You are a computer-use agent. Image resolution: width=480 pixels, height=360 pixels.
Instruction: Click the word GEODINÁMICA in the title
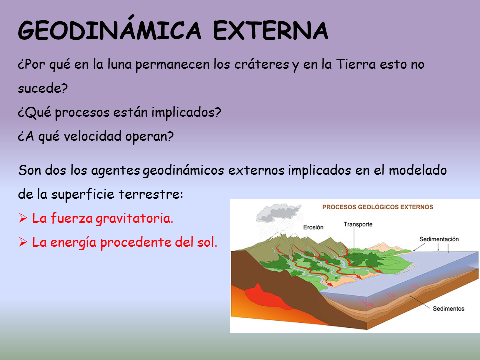click(x=109, y=31)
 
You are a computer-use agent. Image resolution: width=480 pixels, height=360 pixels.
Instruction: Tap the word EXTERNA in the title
click(x=271, y=31)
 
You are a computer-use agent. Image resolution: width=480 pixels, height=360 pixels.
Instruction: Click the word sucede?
click(x=42, y=89)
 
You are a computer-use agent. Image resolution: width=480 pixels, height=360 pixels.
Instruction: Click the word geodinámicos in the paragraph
click(x=184, y=170)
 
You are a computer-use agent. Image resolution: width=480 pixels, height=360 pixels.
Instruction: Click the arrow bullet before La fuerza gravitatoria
click(x=22, y=218)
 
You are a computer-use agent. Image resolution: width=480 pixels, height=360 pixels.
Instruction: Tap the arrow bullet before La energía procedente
click(x=22, y=243)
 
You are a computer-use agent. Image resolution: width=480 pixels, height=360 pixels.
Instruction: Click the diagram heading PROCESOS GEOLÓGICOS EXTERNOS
click(x=377, y=206)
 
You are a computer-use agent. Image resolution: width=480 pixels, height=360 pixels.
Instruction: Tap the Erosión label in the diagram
click(x=313, y=227)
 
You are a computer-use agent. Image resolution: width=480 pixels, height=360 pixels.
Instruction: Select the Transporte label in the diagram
click(x=358, y=224)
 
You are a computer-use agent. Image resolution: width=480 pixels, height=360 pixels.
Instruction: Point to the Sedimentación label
click(x=439, y=239)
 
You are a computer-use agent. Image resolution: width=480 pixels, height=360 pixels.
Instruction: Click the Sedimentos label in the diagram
click(x=448, y=308)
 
